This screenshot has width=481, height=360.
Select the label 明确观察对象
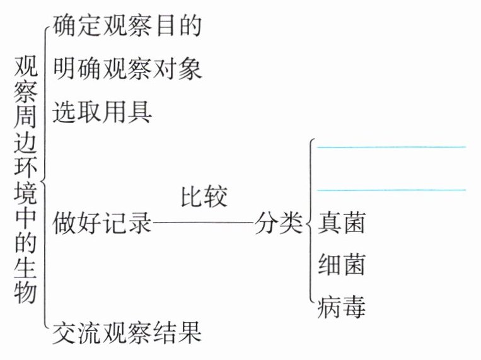tap(127, 68)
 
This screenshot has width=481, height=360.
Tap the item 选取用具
tap(102, 112)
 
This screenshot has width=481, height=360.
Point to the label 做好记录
tap(102, 223)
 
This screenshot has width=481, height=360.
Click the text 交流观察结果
tap(127, 332)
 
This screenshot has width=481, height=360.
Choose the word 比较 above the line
tap(204, 197)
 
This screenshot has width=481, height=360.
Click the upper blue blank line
tap(391, 147)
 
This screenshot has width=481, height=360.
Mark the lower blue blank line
tap(391, 189)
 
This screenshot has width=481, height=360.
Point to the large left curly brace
tap(45, 177)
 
